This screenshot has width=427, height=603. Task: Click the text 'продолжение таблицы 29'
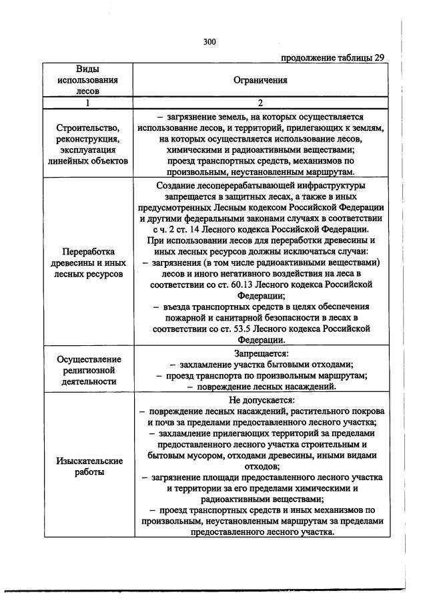332,57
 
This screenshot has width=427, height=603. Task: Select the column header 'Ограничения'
260,80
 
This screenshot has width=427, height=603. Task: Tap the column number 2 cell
260,103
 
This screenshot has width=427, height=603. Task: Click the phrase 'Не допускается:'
260,401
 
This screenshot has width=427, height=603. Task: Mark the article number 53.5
233,328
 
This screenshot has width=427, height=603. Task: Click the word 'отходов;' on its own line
260,466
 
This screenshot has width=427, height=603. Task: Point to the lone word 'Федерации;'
260,295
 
